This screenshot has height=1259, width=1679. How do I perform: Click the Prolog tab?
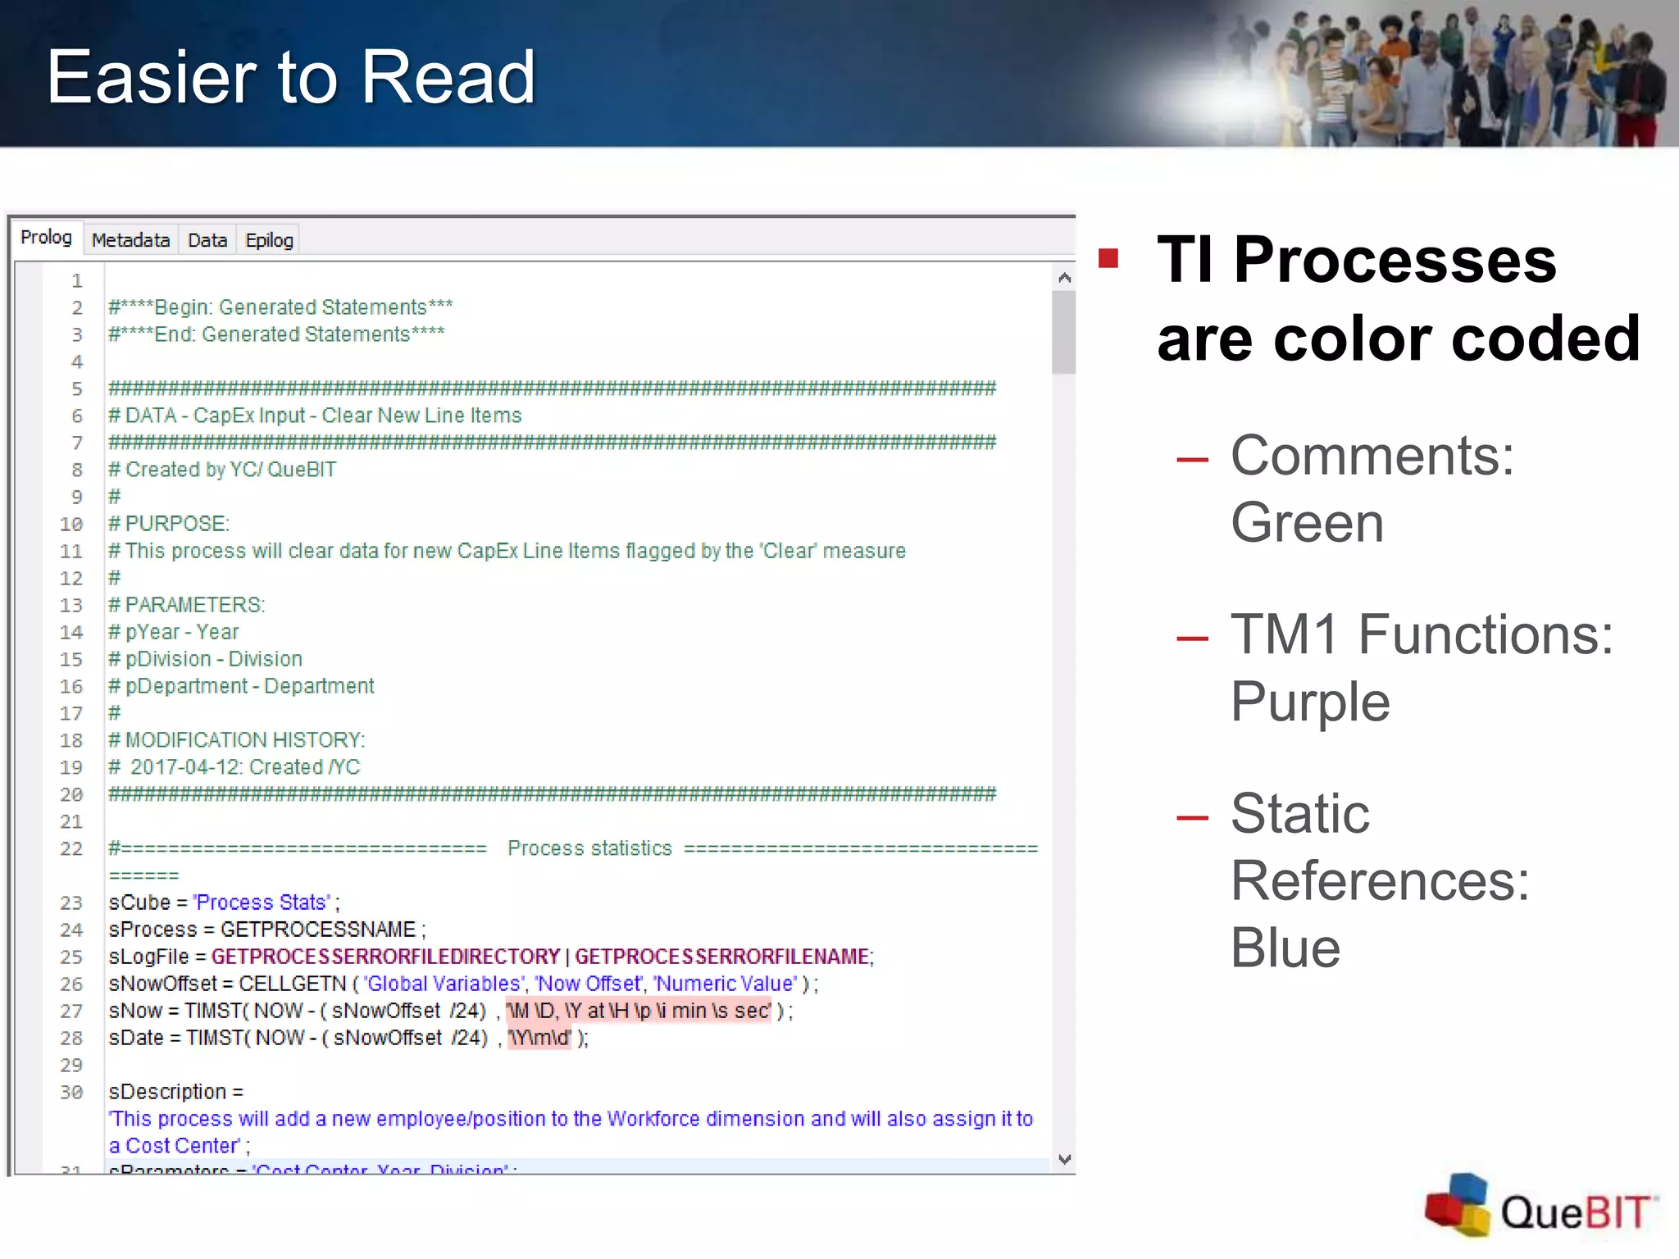coord(46,238)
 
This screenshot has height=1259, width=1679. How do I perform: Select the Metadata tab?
coord(130,240)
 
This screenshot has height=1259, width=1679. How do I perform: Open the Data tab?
coord(207,240)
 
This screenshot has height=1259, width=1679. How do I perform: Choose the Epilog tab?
coord(269,240)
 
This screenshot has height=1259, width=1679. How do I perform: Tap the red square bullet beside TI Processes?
coord(1108,259)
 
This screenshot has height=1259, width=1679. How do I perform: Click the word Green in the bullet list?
coord(1307,523)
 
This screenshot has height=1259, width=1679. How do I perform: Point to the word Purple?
coord(1310,702)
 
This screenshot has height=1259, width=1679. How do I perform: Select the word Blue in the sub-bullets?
coord(1285,948)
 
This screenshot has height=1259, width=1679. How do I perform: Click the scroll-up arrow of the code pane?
coord(1064,278)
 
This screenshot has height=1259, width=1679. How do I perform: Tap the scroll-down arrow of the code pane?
coord(1064,1159)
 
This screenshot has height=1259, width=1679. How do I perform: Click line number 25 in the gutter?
coord(71,957)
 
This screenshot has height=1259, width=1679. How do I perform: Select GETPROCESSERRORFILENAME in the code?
coord(721,957)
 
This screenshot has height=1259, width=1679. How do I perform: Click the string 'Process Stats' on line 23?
coord(262,902)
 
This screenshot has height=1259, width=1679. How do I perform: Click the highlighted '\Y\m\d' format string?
coord(539,1038)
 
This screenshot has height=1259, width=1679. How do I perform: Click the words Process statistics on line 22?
coord(589,848)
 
